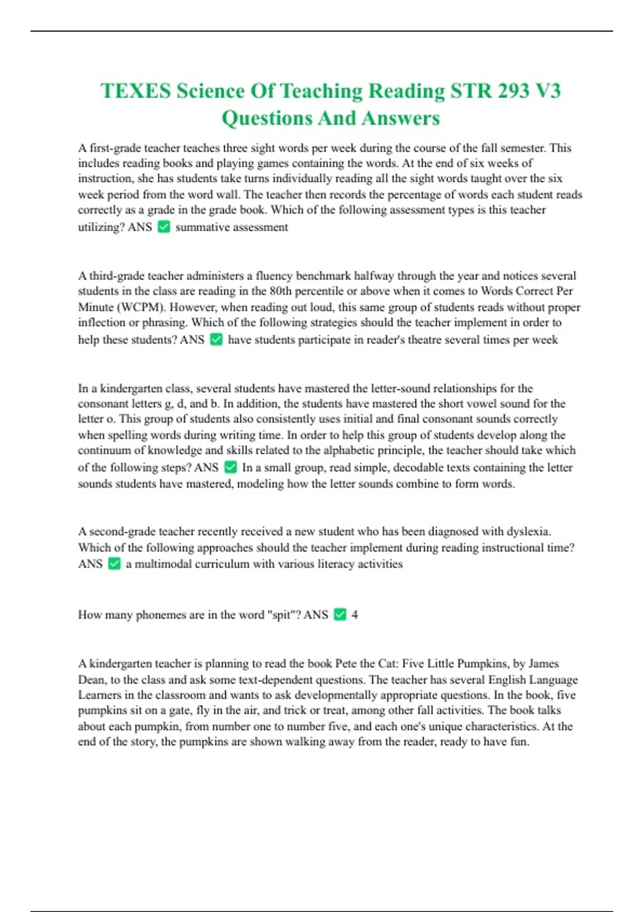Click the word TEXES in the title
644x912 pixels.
click(x=135, y=91)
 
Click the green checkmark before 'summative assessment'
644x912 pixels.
click(x=164, y=227)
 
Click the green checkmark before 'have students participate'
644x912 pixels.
click(x=216, y=340)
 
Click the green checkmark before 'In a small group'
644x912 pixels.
click(x=230, y=467)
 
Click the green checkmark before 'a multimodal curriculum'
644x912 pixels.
click(x=114, y=564)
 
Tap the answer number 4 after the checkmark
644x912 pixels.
click(x=354, y=615)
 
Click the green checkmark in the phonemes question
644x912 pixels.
click(x=340, y=614)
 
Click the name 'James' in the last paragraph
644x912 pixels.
click(x=544, y=664)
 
